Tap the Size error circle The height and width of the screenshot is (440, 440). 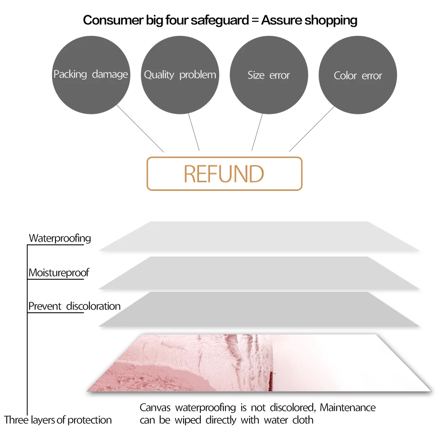click(x=269, y=75)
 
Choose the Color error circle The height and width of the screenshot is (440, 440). click(x=358, y=76)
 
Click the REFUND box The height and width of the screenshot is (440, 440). click(x=224, y=174)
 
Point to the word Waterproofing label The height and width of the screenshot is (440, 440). click(x=60, y=238)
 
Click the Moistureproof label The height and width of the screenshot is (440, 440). click(x=58, y=273)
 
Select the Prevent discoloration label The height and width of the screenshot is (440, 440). click(x=74, y=306)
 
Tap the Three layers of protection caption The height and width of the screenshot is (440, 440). click(x=58, y=420)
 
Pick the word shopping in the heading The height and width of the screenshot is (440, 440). click(x=331, y=21)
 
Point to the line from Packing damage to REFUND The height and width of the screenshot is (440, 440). click(x=140, y=128)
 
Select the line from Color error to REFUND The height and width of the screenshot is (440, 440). click(x=312, y=128)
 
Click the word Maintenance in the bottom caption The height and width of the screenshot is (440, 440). click(x=348, y=408)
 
